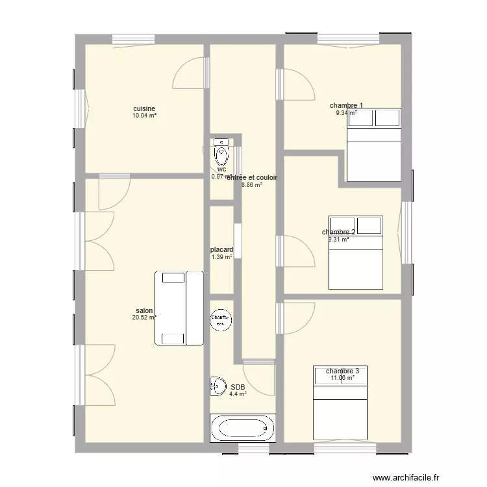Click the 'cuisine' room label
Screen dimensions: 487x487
coord(144,108)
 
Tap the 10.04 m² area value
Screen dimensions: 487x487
coord(144,116)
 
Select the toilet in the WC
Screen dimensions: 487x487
coord(222,155)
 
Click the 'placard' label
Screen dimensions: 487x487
coord(221,249)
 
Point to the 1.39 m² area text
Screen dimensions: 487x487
coord(221,257)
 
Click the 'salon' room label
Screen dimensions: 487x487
coord(144,310)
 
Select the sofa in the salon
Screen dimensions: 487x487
coord(179,308)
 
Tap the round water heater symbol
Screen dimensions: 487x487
coord(221,318)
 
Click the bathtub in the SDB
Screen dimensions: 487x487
coord(242,428)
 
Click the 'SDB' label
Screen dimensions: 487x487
coord(238,386)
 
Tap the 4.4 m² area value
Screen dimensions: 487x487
coord(238,394)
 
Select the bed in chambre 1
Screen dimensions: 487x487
coord(373,144)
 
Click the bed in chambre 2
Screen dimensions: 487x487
coord(356,252)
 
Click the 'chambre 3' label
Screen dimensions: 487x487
coord(342,371)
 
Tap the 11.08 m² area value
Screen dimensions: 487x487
coord(342,378)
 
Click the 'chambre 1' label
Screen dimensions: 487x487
coord(346,105)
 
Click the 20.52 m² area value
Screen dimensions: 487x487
coord(144,318)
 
